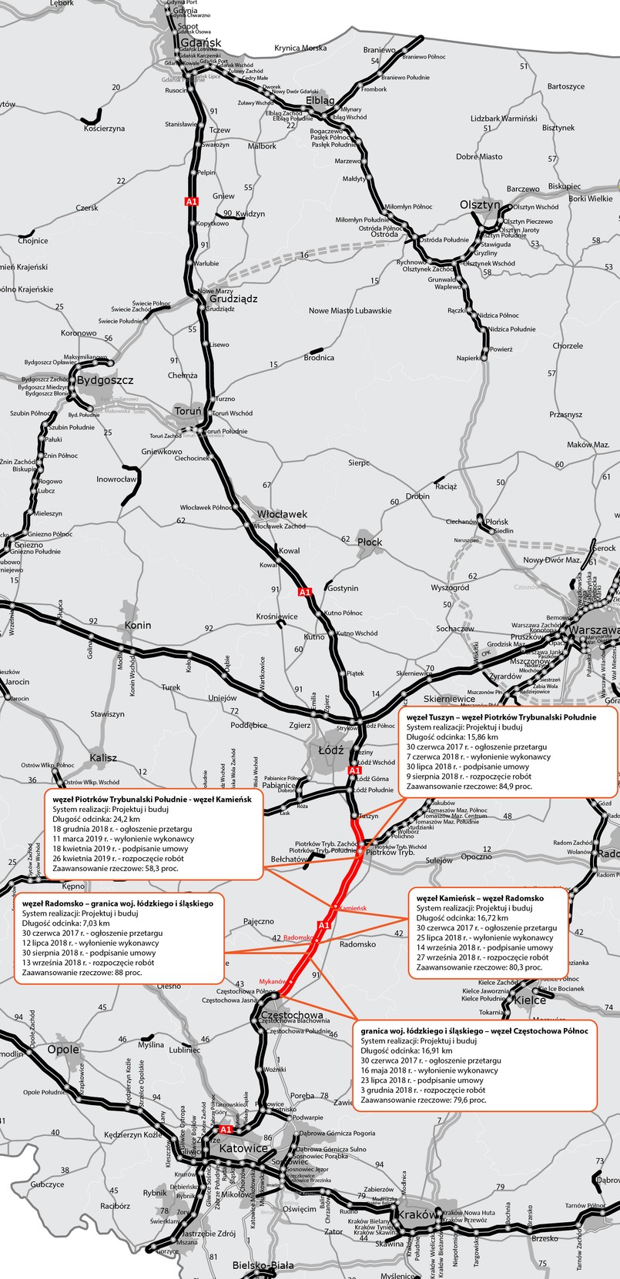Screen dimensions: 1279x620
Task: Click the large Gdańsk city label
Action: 201,42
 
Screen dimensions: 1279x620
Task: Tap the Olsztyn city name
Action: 480,205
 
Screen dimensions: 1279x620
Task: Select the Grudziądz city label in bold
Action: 233,298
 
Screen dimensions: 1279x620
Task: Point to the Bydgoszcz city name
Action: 103,380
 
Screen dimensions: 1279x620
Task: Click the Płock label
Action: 370,542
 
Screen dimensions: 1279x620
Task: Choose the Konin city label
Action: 138,625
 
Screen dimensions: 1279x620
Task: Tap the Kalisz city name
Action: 103,757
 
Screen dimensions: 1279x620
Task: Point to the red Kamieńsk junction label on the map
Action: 352,908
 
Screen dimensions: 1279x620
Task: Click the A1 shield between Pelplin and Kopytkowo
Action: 192,202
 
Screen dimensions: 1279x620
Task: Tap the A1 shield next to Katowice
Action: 226,1129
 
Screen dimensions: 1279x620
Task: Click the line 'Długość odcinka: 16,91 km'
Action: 406,1050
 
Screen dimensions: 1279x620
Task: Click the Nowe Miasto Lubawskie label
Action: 350,311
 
